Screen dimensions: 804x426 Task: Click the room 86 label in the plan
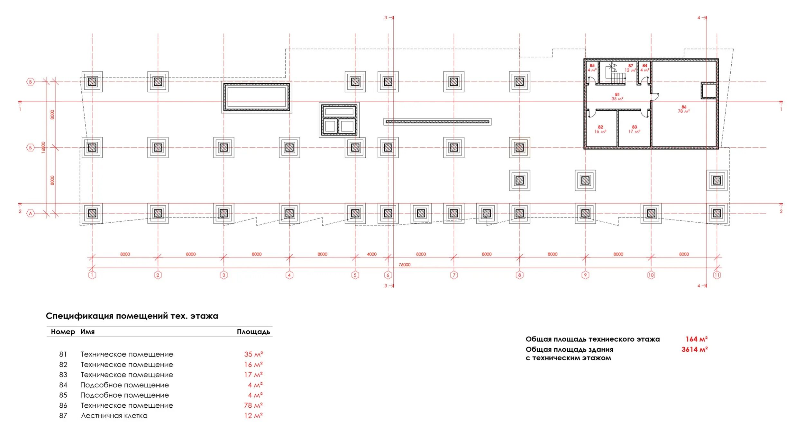click(x=684, y=109)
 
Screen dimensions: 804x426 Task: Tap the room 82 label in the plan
click(x=600, y=129)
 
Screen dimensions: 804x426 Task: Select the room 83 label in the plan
click(x=634, y=129)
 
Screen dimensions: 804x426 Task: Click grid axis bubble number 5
click(x=355, y=275)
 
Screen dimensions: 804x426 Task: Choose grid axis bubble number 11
click(x=717, y=275)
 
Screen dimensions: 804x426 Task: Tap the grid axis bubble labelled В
click(x=30, y=82)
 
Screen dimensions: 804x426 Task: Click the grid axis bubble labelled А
click(x=30, y=213)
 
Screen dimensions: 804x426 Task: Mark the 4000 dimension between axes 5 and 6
click(x=372, y=254)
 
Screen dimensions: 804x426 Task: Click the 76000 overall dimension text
click(x=405, y=265)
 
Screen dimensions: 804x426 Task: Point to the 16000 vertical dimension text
click(x=43, y=147)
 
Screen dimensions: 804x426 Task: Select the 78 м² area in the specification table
click(x=253, y=405)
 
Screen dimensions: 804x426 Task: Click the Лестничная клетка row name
click(x=114, y=415)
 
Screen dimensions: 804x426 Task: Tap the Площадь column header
click(x=253, y=332)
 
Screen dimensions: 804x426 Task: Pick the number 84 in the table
click(x=63, y=385)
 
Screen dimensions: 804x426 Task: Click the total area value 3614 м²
click(x=695, y=349)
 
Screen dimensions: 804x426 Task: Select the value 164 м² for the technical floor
click(x=697, y=339)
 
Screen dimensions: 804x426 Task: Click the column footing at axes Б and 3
click(x=224, y=148)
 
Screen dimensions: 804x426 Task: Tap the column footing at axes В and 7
click(x=454, y=82)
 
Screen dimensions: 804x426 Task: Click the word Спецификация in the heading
click(x=80, y=316)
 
